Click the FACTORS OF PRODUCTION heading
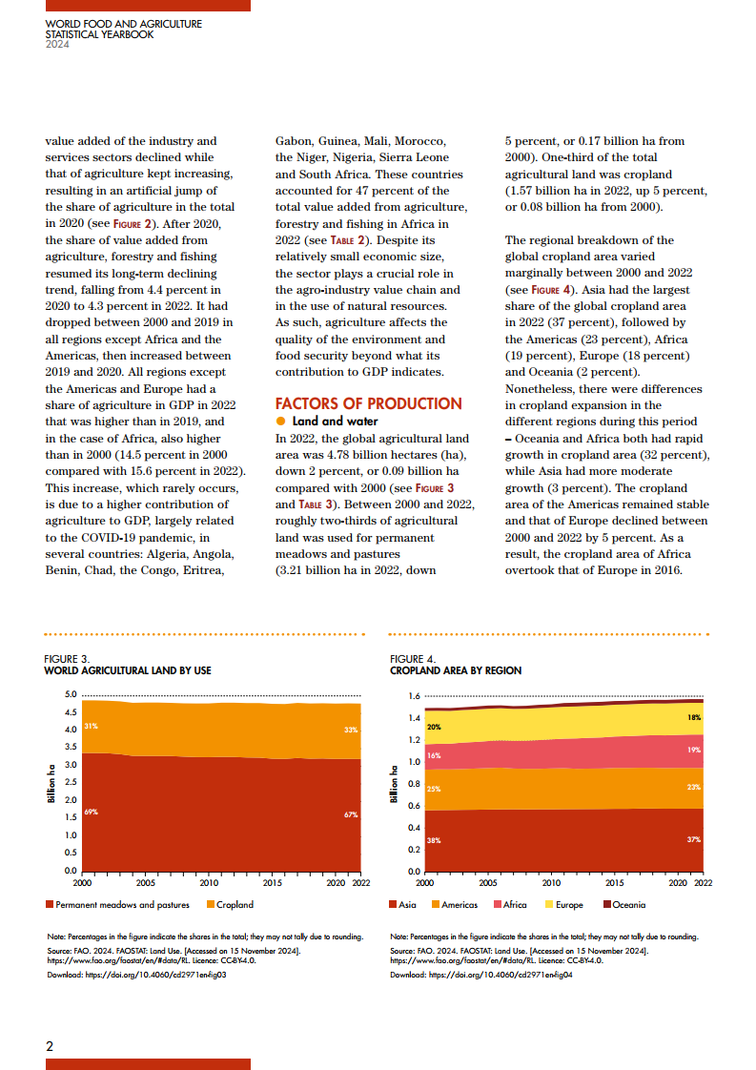pos(368,403)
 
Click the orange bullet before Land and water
pos(281,422)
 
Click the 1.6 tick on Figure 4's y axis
pos(415,696)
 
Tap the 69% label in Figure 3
pos(92,812)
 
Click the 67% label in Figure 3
pos(351,814)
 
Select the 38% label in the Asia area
pos(433,840)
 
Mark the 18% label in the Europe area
pos(694,717)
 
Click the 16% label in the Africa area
pos(433,754)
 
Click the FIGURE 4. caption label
pos(413,659)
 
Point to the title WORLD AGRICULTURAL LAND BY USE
pos(128,670)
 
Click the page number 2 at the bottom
pos(50,1045)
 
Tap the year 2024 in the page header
pos(57,43)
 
